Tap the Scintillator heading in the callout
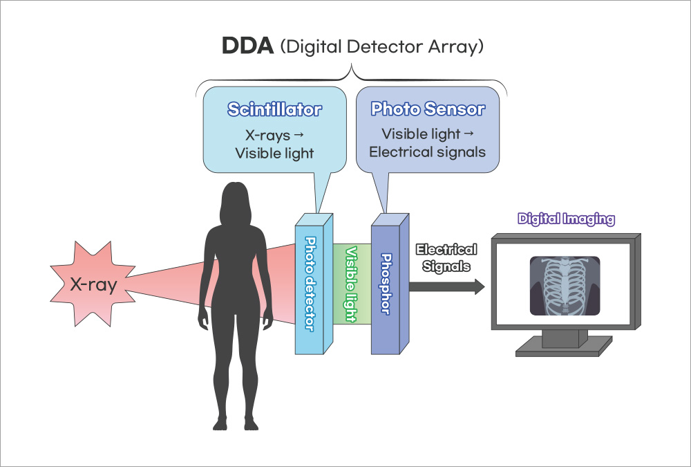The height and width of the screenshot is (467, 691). click(x=275, y=109)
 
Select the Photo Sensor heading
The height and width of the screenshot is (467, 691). click(x=428, y=109)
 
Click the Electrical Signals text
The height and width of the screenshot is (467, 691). click(x=446, y=257)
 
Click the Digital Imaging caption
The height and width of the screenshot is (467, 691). click(x=566, y=219)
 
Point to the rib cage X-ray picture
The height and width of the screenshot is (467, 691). click(x=565, y=286)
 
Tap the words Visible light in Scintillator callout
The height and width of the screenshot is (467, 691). click(x=274, y=153)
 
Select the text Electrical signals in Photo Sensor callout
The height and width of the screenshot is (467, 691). click(x=427, y=152)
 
